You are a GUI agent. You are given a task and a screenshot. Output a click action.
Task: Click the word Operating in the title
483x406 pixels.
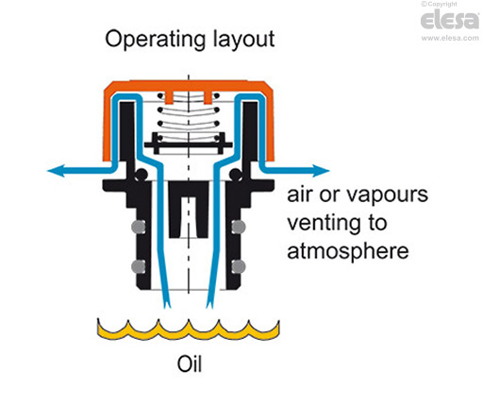(157, 40)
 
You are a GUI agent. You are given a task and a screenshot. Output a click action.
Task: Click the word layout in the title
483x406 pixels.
(244, 39)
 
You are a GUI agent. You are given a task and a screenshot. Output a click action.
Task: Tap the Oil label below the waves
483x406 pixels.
(190, 364)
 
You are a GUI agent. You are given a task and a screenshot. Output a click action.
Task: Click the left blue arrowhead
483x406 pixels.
(57, 171)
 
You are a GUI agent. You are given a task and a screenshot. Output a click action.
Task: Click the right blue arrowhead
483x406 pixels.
(321, 171)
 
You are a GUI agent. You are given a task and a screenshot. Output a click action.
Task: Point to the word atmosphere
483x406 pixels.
(348, 251)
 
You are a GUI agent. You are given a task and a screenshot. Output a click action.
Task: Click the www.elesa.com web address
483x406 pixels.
(450, 38)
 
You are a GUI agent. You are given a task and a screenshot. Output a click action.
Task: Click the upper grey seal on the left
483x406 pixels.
(138, 227)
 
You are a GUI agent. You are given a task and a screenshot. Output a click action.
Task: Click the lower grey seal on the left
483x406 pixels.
(138, 266)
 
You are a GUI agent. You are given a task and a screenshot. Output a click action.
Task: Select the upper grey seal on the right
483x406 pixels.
(239, 227)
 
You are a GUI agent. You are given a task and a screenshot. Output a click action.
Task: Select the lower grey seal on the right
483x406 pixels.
(239, 266)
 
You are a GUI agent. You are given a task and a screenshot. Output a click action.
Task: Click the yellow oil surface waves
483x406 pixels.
(188, 330)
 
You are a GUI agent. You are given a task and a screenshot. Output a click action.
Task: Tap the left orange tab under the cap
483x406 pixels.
(169, 97)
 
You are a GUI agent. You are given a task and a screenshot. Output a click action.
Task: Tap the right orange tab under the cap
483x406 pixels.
(208, 97)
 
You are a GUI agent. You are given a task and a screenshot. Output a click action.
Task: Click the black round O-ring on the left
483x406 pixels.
(141, 175)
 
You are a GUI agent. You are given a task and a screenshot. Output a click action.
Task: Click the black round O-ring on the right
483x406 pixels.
(236, 175)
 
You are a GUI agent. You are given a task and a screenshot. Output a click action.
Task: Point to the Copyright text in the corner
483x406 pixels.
(439, 5)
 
